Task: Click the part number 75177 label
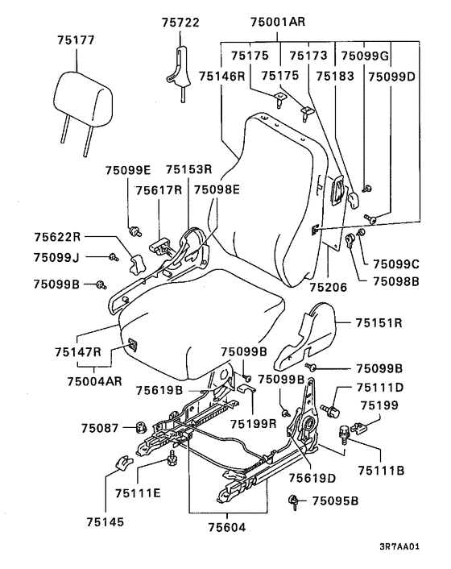point(76,40)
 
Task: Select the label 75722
point(180,23)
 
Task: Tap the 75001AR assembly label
point(278,22)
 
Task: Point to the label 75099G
point(365,56)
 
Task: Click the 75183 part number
point(334,77)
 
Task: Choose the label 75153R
point(189,169)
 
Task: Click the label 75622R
point(57,237)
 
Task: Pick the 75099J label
point(56,258)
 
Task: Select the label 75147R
point(78,352)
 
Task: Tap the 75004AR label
point(94,381)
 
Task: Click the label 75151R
point(379,322)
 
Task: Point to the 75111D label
point(379,388)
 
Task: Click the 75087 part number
point(100,428)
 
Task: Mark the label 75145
point(106,522)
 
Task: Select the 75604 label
point(227,527)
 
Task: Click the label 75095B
point(335,501)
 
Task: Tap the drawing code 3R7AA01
point(399,546)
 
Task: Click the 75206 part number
point(328,288)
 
